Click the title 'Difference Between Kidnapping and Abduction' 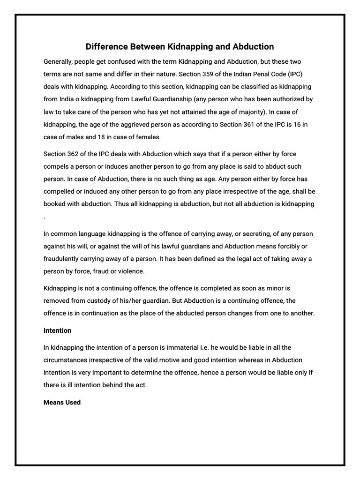(x=180, y=46)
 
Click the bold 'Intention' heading (x=57, y=330)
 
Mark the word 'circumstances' (x=66, y=360)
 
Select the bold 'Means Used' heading (x=62, y=402)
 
